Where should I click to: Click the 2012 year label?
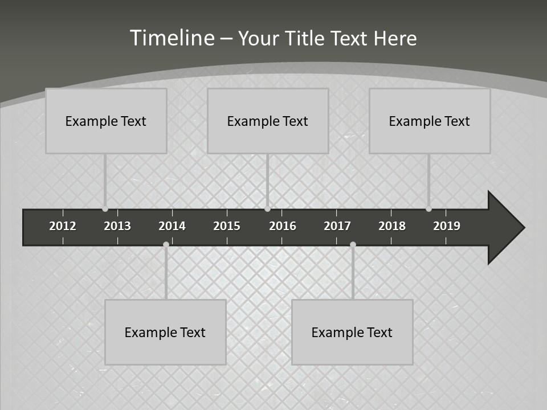[63, 226]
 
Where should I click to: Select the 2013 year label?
[117, 226]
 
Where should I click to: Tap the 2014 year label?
[172, 226]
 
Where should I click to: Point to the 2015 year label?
[227, 226]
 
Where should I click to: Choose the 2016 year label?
[283, 226]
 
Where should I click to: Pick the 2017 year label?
[337, 226]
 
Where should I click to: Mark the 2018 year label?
[392, 226]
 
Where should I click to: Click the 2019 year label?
[447, 226]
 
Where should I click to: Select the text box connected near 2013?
[106, 121]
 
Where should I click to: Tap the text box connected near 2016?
[268, 121]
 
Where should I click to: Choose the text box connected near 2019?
[430, 121]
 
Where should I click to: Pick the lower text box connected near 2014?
[165, 332]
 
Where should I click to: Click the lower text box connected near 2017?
[352, 332]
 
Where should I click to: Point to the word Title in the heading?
[307, 38]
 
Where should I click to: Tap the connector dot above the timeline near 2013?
[105, 209]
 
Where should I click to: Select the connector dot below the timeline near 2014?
[166, 245]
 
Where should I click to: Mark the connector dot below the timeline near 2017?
[353, 245]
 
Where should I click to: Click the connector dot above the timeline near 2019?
[428, 209]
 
